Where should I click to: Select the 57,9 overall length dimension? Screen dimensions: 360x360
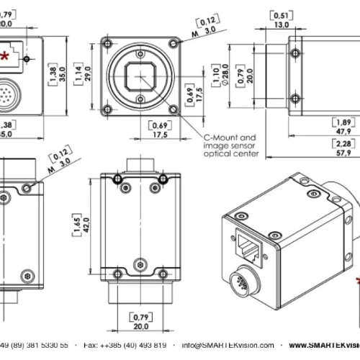[342, 153]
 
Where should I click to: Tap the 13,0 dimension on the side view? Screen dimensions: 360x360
[282, 23]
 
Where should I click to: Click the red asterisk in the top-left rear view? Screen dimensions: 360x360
[6, 55]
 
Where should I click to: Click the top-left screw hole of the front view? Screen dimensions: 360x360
[108, 42]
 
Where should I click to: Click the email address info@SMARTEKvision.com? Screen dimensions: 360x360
[229, 344]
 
